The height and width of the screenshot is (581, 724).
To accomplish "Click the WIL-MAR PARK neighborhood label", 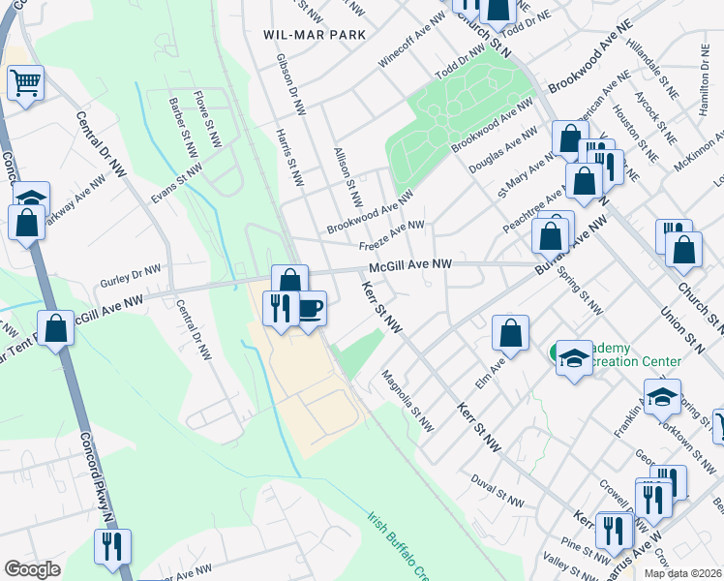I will pyautogui.click(x=315, y=34).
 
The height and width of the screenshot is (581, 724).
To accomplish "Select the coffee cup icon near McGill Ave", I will pyautogui.click(x=309, y=310).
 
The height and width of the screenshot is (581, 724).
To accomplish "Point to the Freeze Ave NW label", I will pyautogui.click(x=393, y=234).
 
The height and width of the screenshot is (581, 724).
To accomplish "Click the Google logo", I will pyautogui.click(x=32, y=568).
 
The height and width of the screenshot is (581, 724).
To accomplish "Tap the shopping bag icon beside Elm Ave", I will pyautogui.click(x=509, y=333).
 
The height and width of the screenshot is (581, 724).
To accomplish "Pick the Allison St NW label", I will pyautogui.click(x=346, y=177).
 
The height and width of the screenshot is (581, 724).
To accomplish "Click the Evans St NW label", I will pyautogui.click(x=177, y=184).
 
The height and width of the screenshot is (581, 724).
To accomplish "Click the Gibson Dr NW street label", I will pyautogui.click(x=288, y=81).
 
